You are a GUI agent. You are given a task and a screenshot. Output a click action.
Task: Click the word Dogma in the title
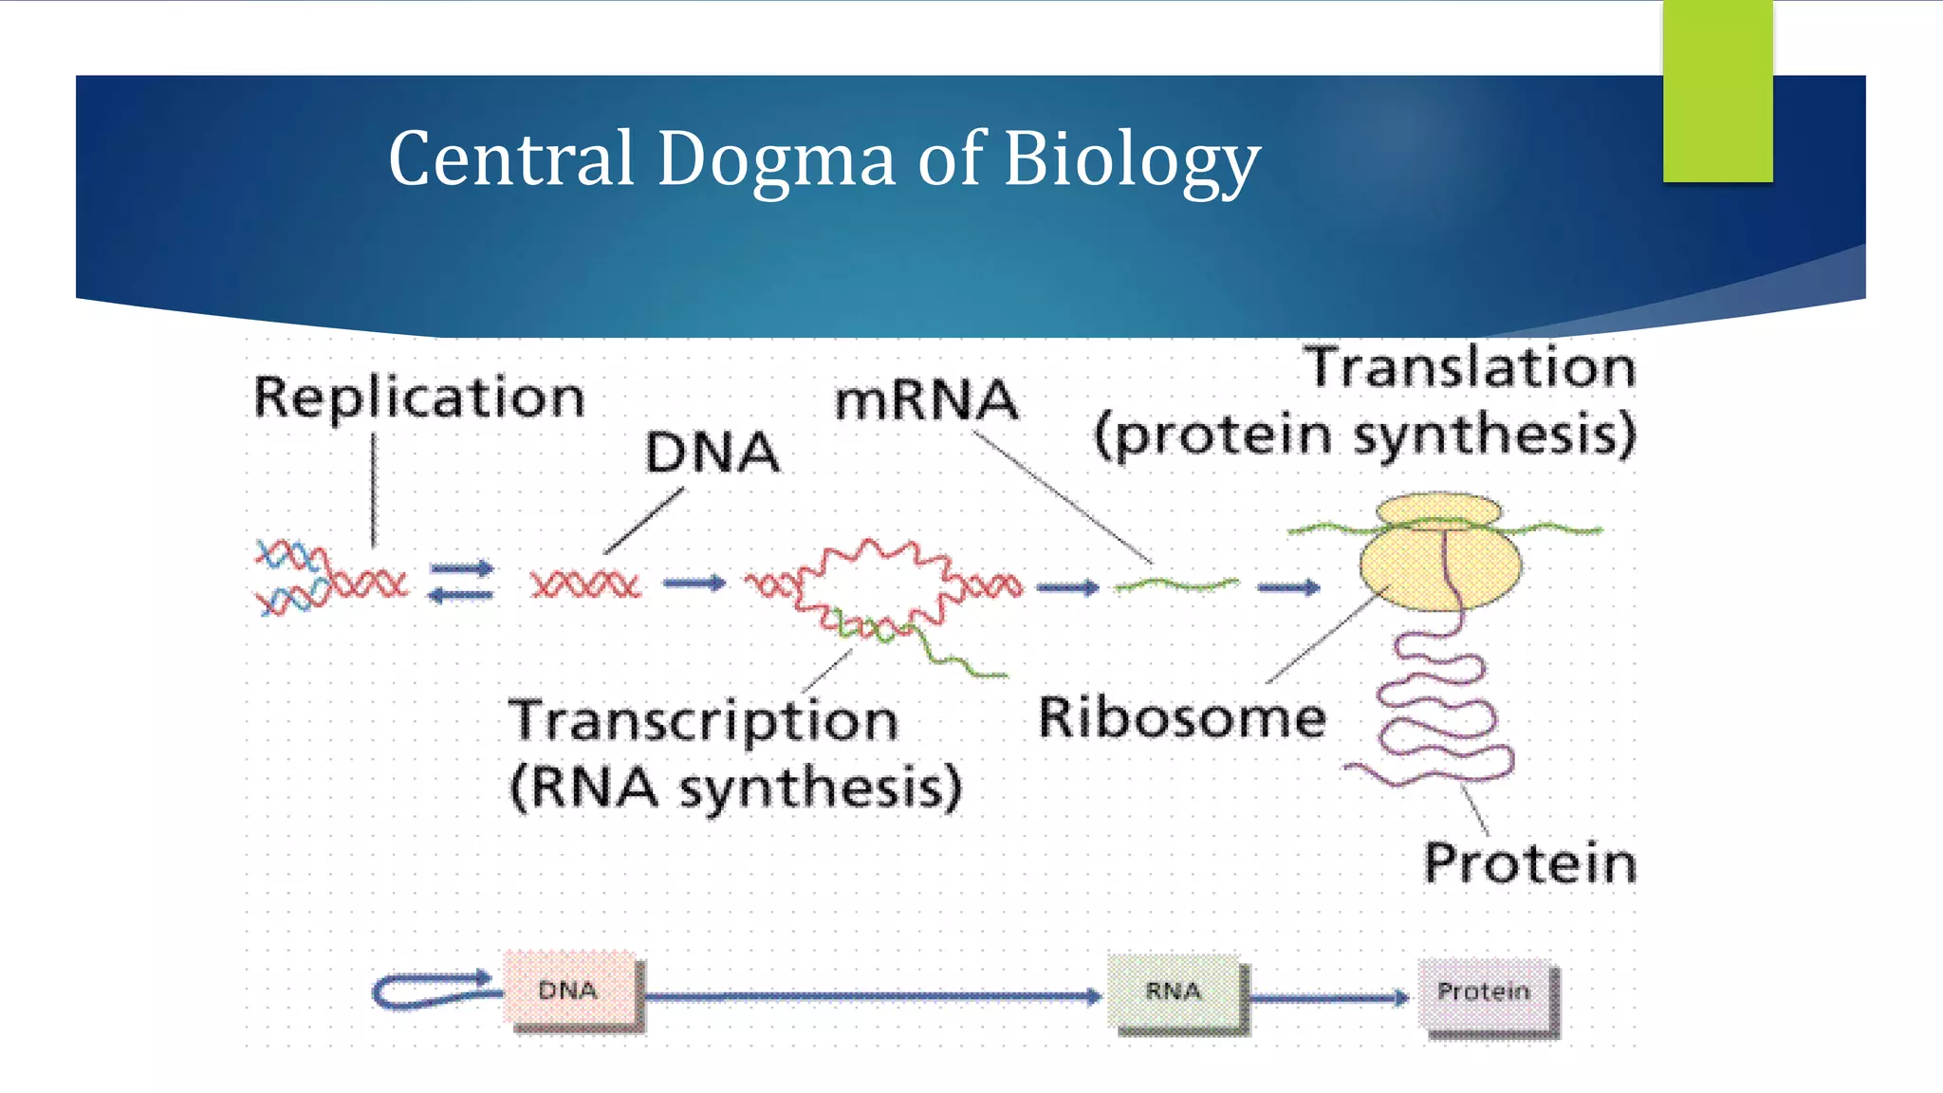coord(775,159)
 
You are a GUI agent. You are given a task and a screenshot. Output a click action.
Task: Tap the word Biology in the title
coord(1131,159)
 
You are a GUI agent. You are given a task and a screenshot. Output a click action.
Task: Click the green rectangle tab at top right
coord(1717,91)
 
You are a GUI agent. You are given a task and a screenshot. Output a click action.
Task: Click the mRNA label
coord(926,400)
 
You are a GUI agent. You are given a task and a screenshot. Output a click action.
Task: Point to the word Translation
coord(1470,368)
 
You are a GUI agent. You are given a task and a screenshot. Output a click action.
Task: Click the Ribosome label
coord(1182,717)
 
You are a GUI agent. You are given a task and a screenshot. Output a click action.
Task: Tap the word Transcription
coord(703,721)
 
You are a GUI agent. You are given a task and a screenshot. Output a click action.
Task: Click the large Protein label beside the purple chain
coord(1529,863)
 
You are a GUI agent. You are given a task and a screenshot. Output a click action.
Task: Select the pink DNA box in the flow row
coord(569,991)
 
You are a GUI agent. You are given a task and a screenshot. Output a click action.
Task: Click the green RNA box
coord(1174,991)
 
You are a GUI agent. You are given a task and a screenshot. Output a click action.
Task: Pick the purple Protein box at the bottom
coord(1484,992)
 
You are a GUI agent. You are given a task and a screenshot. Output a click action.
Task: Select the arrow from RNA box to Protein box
coord(1328,997)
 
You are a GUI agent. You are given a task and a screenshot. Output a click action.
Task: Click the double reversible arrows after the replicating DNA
coord(461,582)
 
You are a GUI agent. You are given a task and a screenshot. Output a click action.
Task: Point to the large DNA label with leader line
coord(712,453)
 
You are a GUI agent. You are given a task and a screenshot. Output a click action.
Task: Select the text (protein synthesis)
coord(1365,436)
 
